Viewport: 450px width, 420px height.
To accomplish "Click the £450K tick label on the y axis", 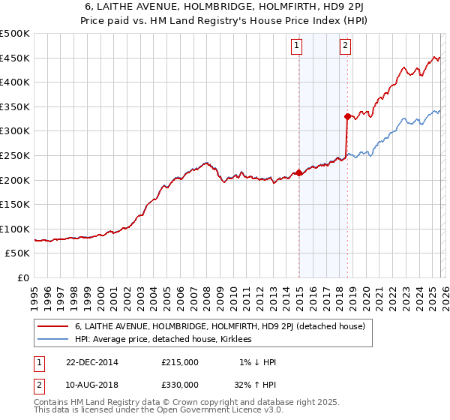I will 15,58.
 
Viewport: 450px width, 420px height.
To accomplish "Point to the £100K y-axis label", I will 15,229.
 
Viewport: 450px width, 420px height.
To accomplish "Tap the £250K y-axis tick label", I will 15,155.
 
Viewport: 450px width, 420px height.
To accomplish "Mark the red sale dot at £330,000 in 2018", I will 347,116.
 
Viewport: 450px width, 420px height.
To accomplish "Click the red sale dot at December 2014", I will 298,172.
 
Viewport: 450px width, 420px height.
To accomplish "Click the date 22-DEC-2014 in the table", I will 92,362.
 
